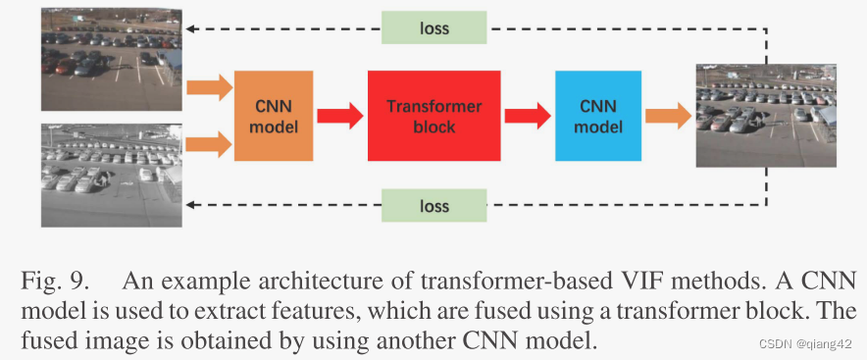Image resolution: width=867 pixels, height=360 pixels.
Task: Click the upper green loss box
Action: point(434,27)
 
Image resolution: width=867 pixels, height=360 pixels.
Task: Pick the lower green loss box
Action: point(434,206)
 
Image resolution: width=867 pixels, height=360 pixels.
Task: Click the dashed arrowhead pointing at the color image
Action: point(193,28)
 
